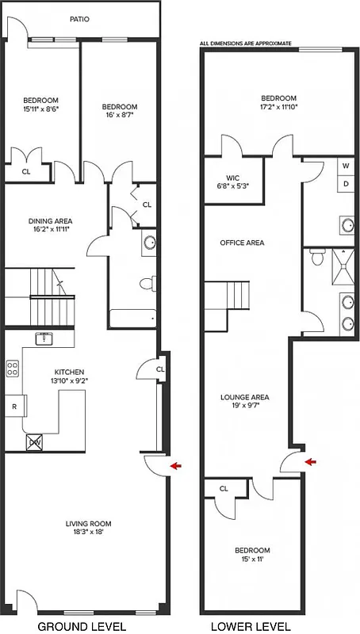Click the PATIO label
coord(79,19)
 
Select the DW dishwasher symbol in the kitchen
coord(36,444)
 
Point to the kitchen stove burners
coord(13,368)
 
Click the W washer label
coord(347,167)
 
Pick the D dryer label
coord(347,185)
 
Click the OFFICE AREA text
coord(242,243)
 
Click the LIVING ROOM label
coord(88,523)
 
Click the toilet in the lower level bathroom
coord(318,256)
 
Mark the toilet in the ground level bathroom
coord(147,283)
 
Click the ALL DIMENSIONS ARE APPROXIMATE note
coord(246,43)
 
